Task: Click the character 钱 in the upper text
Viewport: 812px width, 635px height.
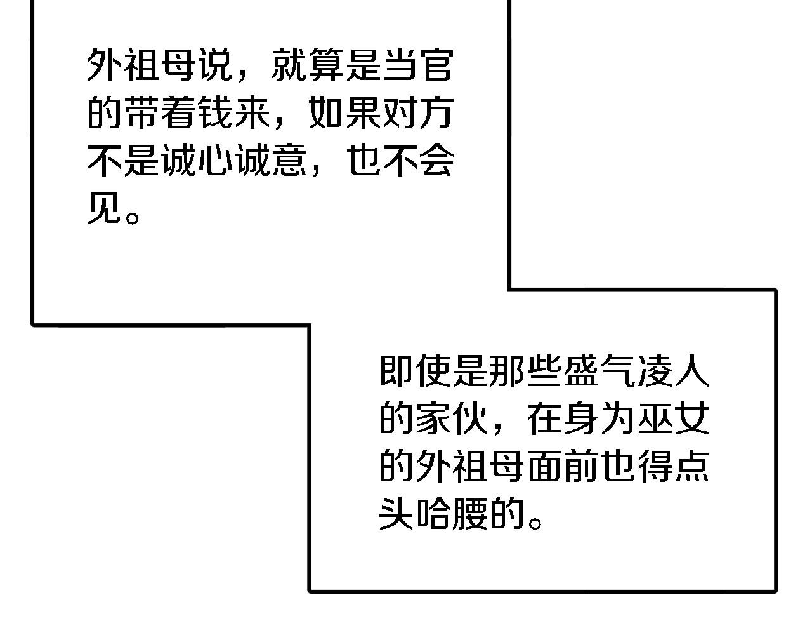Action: tap(216, 112)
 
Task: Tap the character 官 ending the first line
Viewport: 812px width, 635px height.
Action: tap(437, 65)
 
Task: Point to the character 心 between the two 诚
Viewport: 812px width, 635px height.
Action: tap(216, 161)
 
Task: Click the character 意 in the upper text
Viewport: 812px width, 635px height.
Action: tap(290, 161)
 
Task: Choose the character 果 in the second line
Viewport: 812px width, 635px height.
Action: tap(363, 112)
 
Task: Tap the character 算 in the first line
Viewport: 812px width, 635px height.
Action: tap(327, 65)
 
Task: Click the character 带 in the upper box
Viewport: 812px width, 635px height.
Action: tap(141, 112)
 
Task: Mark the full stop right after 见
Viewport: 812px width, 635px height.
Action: tap(133, 217)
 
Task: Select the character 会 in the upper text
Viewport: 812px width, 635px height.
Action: tap(437, 161)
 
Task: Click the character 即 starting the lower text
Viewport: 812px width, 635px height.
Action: tap(396, 370)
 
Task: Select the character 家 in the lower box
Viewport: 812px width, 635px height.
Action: tap(433, 418)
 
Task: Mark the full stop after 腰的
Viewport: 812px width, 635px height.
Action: tap(535, 523)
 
